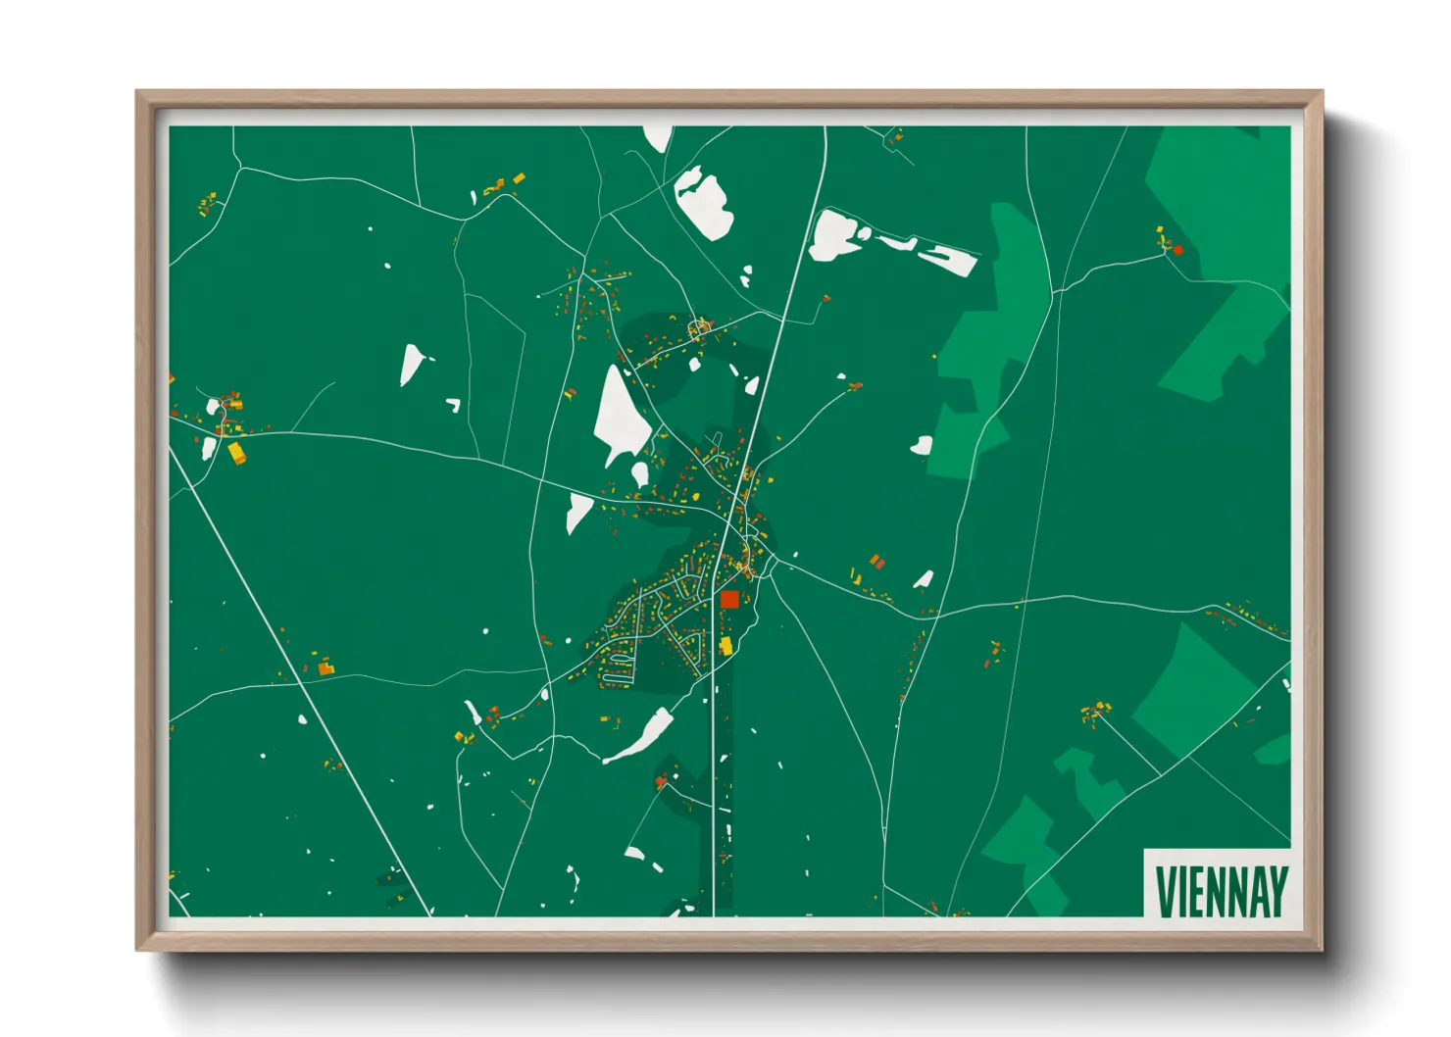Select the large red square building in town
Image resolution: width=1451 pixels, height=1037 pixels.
point(729,599)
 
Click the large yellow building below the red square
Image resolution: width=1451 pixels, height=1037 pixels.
point(726,645)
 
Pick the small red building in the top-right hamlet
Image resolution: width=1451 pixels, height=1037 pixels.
point(1177,250)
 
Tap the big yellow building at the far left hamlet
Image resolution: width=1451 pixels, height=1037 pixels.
point(236,452)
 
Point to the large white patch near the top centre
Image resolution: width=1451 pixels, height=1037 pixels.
point(704,203)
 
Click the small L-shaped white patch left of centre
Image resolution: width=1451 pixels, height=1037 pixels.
point(454,404)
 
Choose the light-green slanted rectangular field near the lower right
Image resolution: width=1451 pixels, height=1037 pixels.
point(1194,689)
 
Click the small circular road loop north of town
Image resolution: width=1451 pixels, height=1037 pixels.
point(699,326)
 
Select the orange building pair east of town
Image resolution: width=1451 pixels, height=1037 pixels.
point(876,561)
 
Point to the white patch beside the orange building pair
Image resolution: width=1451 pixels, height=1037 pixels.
point(924,579)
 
